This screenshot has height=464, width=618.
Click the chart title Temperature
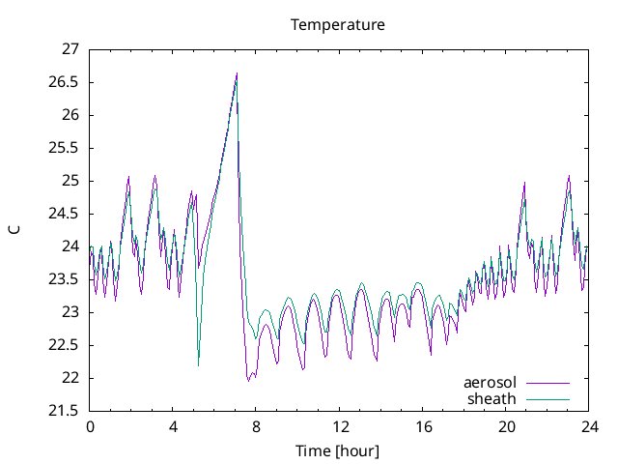[338, 24]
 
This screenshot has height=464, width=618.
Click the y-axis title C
[14, 229]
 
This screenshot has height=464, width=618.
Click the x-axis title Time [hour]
[338, 450]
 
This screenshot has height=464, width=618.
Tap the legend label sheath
[492, 398]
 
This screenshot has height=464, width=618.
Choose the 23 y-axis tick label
[70, 312]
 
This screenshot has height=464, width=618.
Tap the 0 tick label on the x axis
[90, 426]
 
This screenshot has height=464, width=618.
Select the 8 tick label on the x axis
[256, 426]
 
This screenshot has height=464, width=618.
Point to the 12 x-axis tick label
[340, 426]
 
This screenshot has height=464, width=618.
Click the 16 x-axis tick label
[423, 426]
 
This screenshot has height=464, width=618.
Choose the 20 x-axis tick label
[506, 426]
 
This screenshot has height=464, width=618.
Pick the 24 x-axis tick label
[589, 426]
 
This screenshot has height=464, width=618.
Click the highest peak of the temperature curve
[237, 73]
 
